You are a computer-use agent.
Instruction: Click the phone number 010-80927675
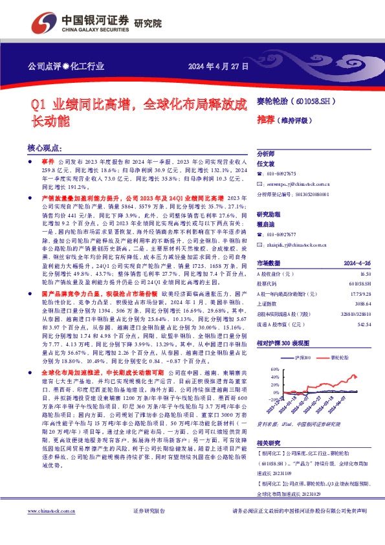pyautogui.click(x=281, y=173)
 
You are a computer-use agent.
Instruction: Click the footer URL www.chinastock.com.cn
pyautogui.click(x=54, y=529)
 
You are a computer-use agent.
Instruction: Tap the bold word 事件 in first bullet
pyautogui.click(x=47, y=159)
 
